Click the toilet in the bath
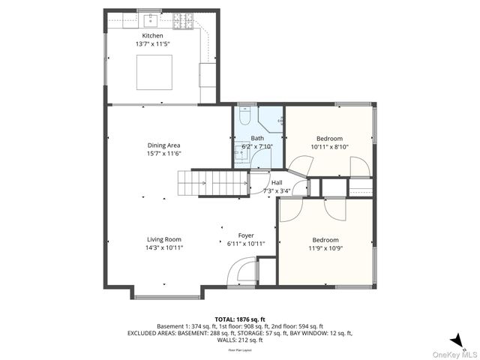[x=245, y=118]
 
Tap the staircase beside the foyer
[x=211, y=183]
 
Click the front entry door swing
[x=241, y=271]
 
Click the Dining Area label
[x=163, y=145]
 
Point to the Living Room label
[x=163, y=239]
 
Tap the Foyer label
[x=245, y=235]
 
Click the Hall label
[x=277, y=182]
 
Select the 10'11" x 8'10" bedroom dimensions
[x=329, y=147]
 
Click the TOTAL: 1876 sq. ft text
[x=239, y=319]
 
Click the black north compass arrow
[x=456, y=339]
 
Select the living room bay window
[x=166, y=296]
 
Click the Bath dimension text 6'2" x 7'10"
[x=257, y=146]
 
